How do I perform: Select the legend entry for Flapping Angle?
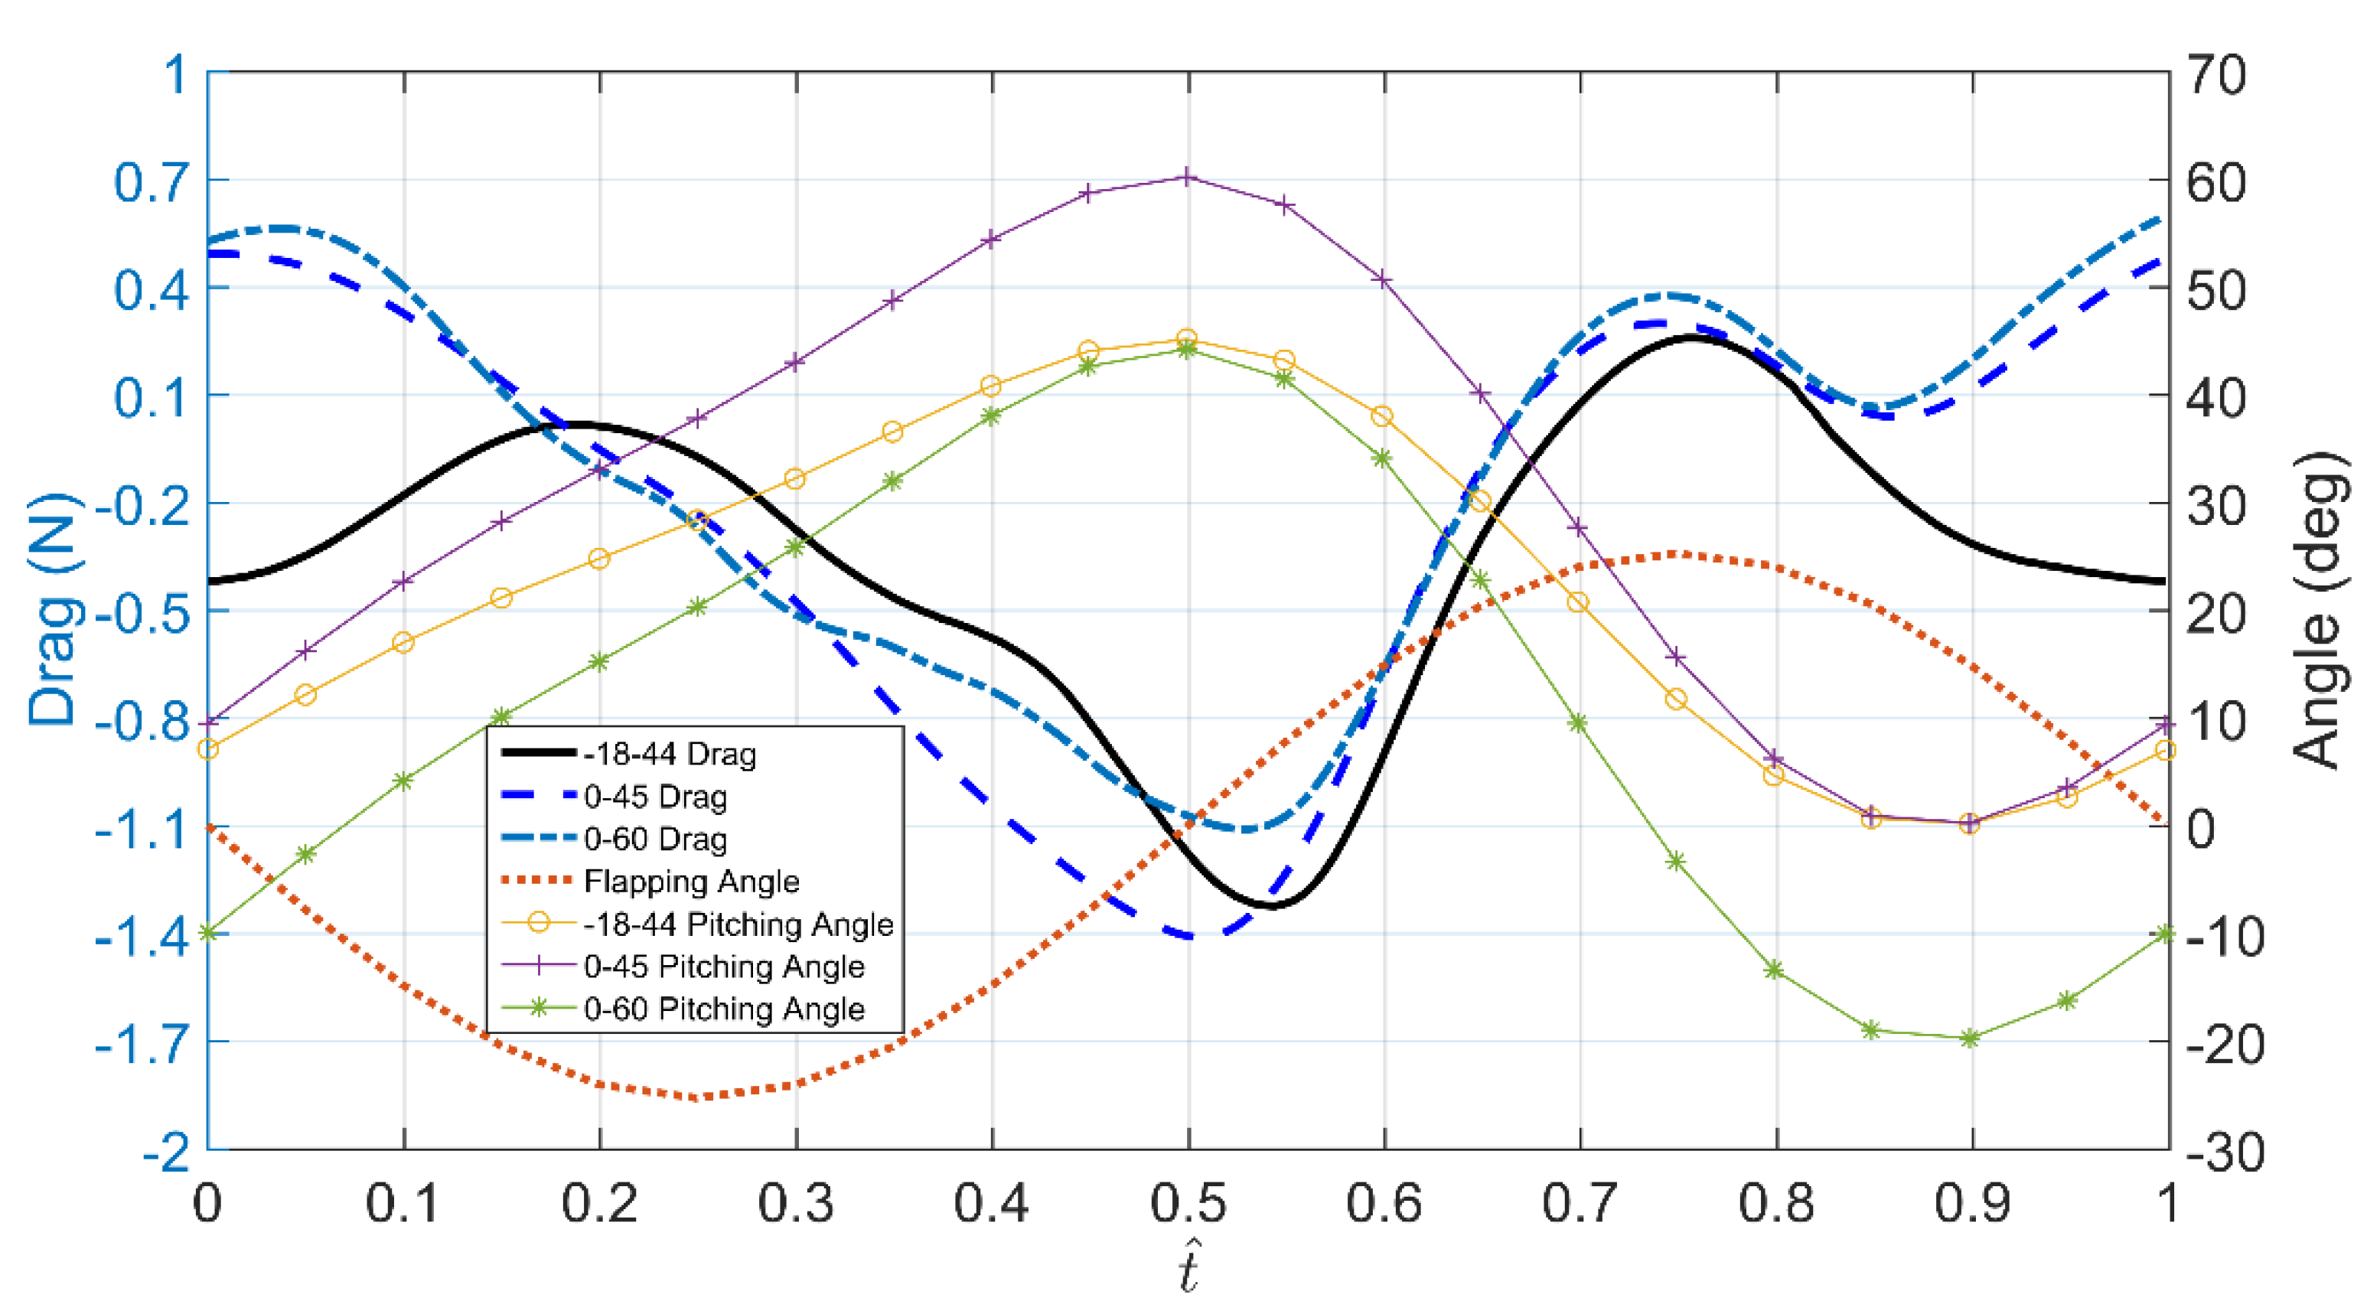690,882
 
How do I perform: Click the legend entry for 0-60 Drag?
654,839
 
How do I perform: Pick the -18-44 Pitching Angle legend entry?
737,924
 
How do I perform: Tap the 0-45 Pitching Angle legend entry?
723,967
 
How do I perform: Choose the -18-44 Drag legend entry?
669,755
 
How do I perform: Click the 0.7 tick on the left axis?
151,182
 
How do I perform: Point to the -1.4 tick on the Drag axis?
142,936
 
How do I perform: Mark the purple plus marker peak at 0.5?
1188,178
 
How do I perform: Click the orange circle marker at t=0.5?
1188,339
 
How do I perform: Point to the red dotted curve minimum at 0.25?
698,1097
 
